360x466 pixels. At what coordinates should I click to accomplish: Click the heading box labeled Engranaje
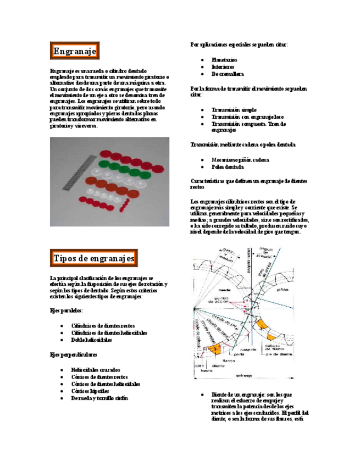[75, 51]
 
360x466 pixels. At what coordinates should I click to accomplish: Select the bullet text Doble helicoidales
[92, 340]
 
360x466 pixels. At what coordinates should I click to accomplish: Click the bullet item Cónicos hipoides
[90, 391]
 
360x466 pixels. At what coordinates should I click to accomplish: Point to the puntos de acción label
[222, 302]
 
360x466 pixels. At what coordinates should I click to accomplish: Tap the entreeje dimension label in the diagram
[243, 375]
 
